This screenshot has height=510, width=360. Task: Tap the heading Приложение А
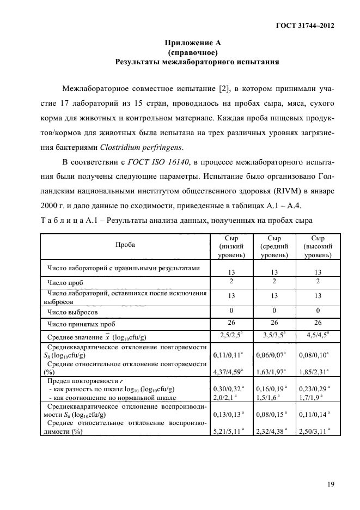193,42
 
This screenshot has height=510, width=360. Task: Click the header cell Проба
126,246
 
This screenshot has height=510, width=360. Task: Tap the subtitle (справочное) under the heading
193,52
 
